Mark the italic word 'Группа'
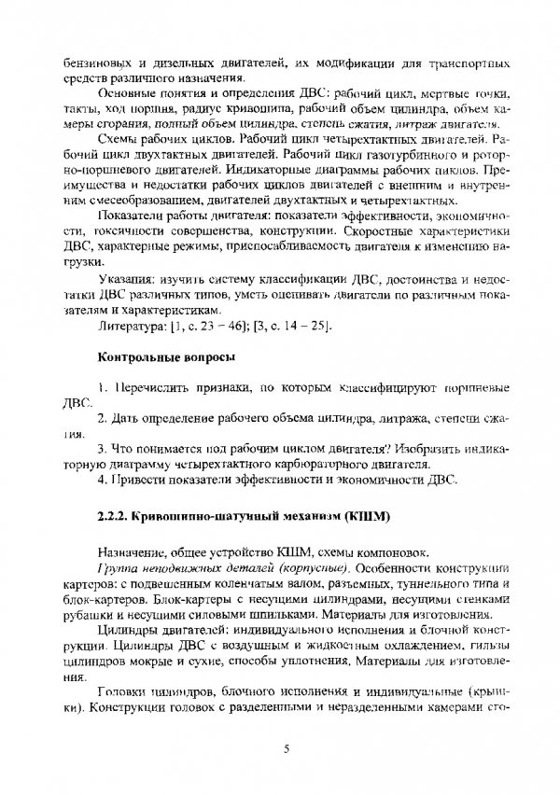tap(117, 568)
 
